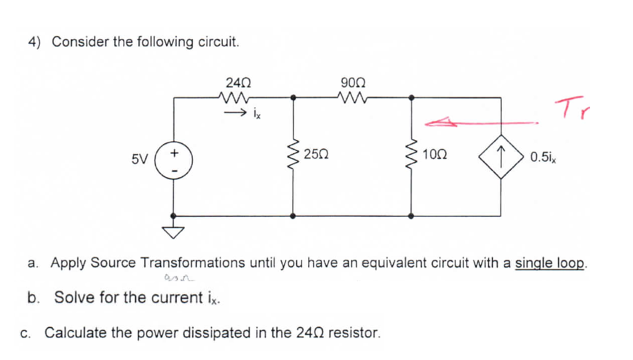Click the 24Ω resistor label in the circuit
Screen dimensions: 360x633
[238, 82]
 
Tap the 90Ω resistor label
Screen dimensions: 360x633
[352, 82]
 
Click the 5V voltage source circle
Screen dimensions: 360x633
[174, 157]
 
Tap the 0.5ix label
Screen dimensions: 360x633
[543, 156]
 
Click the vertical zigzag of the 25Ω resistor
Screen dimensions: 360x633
[292, 157]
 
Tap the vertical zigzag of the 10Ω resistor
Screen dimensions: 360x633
[412, 157]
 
